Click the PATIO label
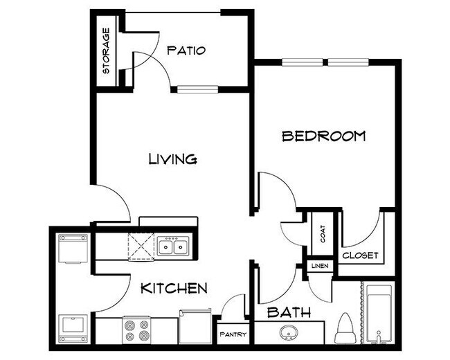pos(186,50)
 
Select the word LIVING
pos(173,159)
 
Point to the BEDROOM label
pos(323,136)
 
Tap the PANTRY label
pos(233,334)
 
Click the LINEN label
pos(319,266)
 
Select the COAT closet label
pos(323,234)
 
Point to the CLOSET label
pos(361,255)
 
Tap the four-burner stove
pos(136,330)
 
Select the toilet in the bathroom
pos(345,329)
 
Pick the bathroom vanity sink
pos(288,332)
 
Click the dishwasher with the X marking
pos(141,246)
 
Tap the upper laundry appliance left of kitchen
pos(71,249)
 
